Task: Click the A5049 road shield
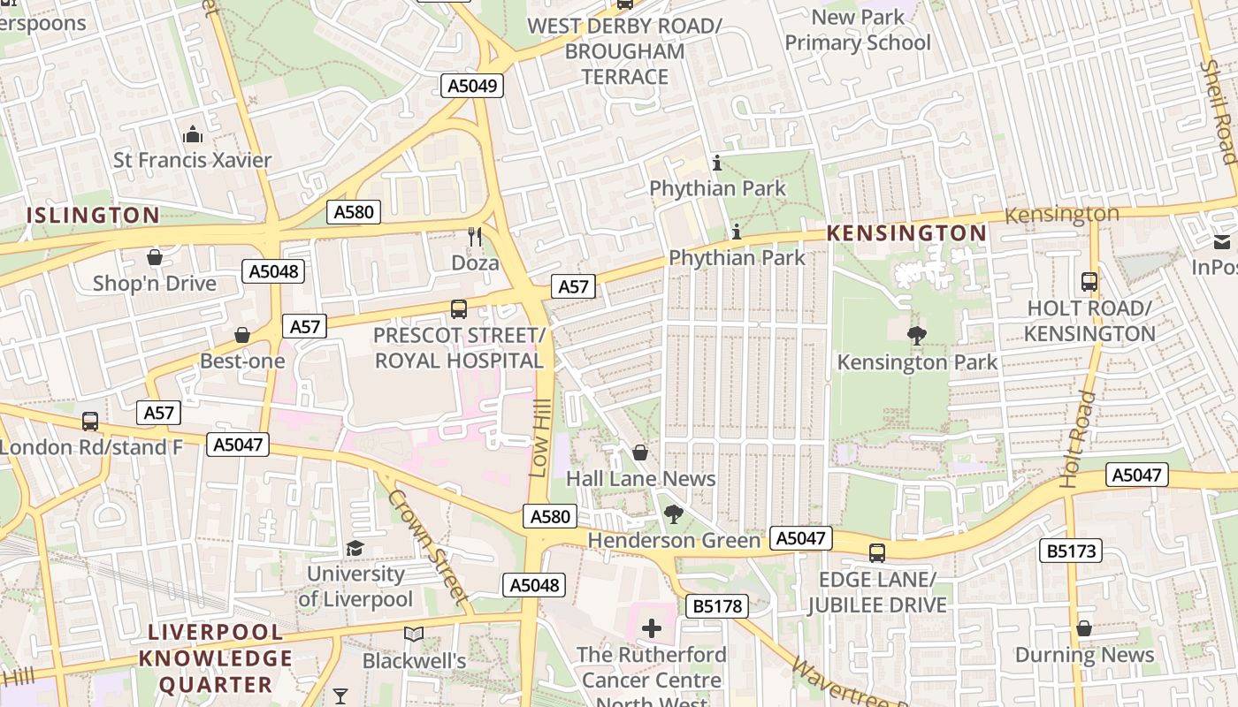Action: pos(472,86)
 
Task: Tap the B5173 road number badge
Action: pos(1071,551)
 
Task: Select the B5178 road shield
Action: pos(716,606)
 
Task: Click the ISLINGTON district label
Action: pos(93,215)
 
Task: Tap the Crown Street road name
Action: pos(427,545)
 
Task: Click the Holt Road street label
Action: pos(1077,439)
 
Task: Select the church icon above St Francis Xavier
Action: pos(192,134)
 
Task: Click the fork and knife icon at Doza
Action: pos(475,237)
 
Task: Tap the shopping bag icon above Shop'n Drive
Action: pos(155,257)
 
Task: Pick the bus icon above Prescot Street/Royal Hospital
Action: pos(458,309)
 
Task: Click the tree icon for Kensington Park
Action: pos(917,335)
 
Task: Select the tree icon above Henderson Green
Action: pos(673,514)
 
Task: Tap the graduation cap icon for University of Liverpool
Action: pos(355,548)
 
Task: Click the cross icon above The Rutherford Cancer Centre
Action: pos(652,628)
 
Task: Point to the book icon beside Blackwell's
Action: pos(413,634)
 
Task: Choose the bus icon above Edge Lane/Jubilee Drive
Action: pos(876,553)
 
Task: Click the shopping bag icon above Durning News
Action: pos(1084,628)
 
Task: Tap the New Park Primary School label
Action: pos(858,30)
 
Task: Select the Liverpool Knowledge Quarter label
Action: pos(216,658)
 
